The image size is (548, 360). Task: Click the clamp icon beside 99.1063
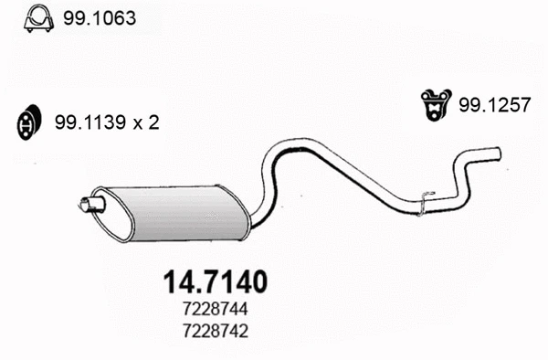click(37, 16)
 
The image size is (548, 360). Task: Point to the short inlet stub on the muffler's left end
click(88, 204)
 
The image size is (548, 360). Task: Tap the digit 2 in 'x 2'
click(155, 122)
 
